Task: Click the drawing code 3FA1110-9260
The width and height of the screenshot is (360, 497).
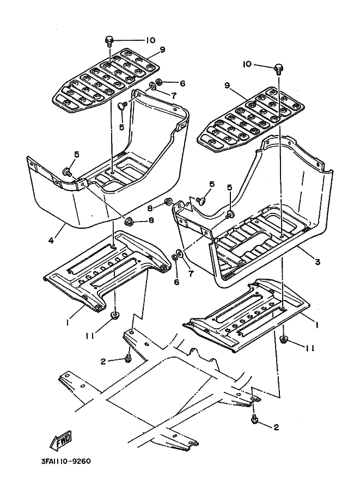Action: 65,461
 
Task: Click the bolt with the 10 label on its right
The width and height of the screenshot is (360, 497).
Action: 109,40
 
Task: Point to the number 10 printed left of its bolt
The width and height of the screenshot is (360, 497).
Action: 247,64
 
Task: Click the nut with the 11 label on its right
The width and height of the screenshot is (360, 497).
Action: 284,341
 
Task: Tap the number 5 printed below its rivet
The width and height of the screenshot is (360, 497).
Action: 122,126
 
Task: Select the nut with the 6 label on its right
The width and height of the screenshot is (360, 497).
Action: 155,83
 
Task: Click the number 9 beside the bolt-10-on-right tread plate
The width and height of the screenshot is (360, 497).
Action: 162,50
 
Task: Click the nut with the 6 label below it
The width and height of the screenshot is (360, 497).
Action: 178,256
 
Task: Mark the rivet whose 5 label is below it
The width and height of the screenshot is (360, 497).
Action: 123,105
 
